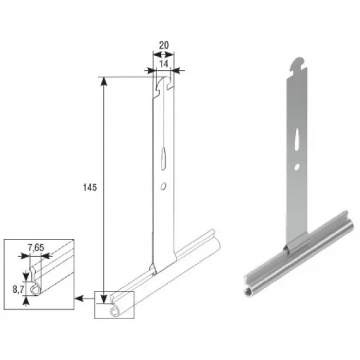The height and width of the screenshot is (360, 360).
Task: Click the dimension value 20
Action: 163,45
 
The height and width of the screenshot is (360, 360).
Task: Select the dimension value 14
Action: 163,64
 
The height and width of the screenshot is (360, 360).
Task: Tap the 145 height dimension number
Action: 90,188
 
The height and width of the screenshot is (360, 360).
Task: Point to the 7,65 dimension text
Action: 36,248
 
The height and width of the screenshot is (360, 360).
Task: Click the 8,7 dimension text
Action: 18,290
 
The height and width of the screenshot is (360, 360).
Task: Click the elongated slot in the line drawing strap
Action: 163,159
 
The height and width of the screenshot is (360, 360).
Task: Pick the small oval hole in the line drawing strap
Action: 163,187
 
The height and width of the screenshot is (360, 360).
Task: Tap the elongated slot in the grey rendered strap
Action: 297,140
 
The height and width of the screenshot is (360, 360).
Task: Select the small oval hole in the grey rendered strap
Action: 297,167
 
